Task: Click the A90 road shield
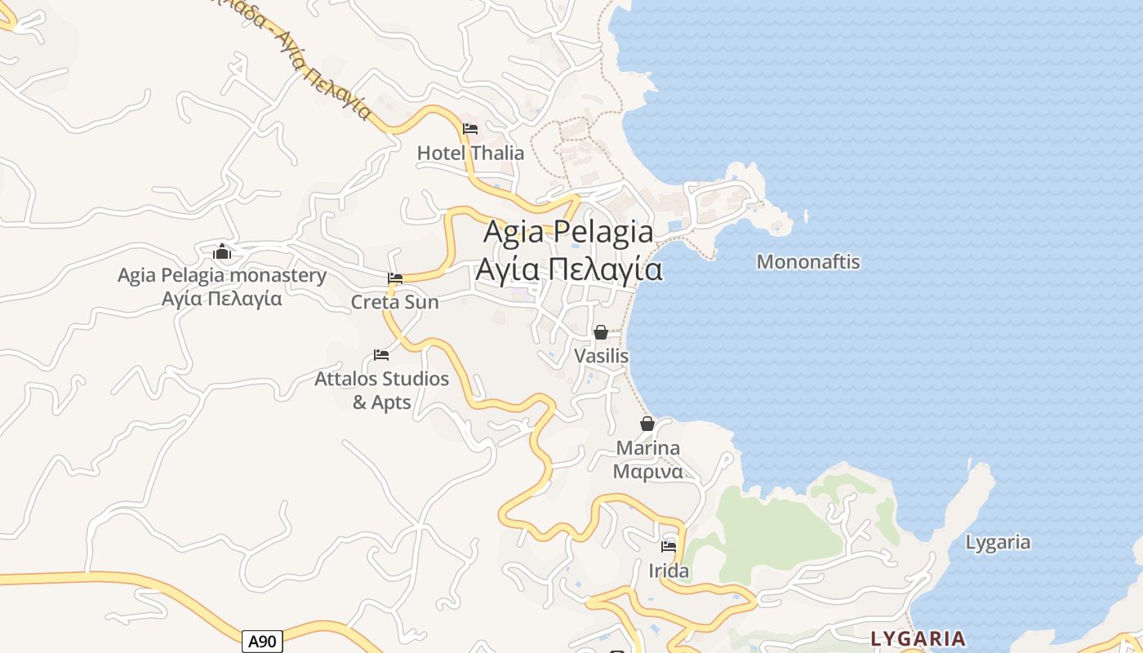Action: click(262, 642)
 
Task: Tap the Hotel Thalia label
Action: click(470, 153)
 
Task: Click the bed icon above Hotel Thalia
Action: click(470, 129)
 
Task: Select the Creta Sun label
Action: click(394, 302)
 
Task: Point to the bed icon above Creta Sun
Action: click(395, 278)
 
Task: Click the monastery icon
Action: click(221, 251)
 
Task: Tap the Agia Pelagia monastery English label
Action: click(221, 275)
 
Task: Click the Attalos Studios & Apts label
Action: click(381, 390)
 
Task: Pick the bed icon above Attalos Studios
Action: click(381, 355)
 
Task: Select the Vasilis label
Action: click(601, 356)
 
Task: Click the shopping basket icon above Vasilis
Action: click(601, 332)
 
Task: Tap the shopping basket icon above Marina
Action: click(647, 424)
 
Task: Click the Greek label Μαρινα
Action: click(647, 472)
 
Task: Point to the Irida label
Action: click(669, 571)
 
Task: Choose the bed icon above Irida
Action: click(669, 546)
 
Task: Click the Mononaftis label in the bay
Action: click(807, 262)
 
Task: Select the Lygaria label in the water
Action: click(998, 542)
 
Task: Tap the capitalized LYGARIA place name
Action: click(918, 638)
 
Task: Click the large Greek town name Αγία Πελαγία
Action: click(568, 269)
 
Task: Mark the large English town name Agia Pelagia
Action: click(568, 232)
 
